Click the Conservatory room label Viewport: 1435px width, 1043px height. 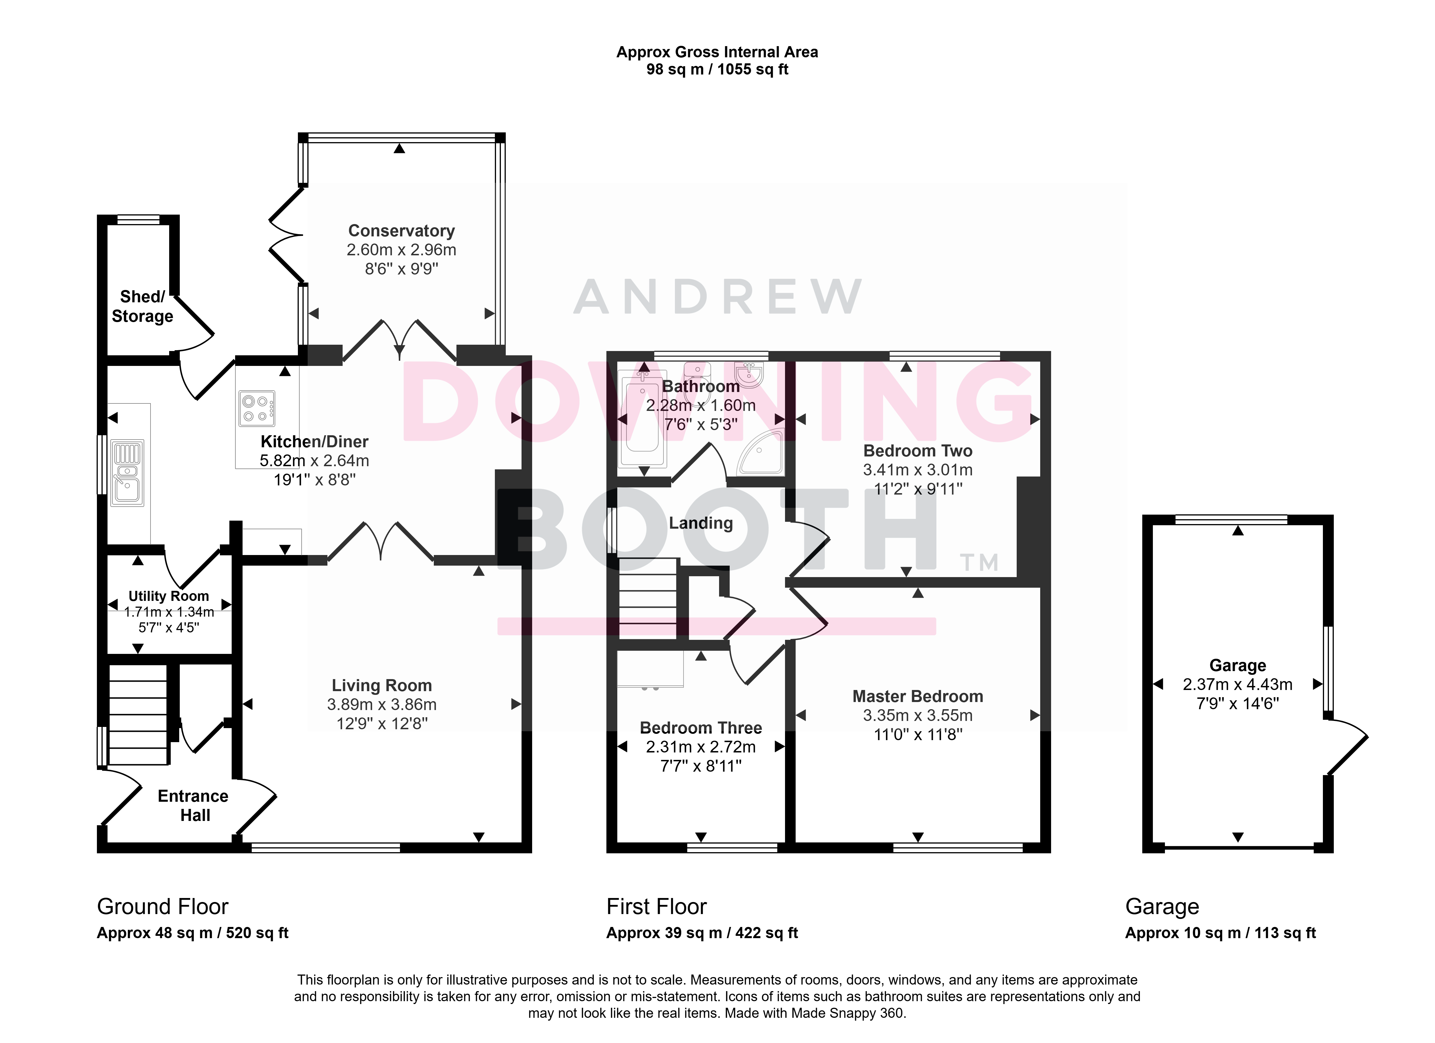401,231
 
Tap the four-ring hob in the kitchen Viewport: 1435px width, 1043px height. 257,408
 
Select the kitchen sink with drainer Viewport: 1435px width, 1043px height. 127,473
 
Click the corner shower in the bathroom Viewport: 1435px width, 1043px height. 761,452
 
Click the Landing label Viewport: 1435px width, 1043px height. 701,523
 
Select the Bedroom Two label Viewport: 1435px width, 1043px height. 917,451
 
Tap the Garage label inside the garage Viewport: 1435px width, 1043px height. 1237,665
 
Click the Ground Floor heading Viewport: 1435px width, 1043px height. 163,907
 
